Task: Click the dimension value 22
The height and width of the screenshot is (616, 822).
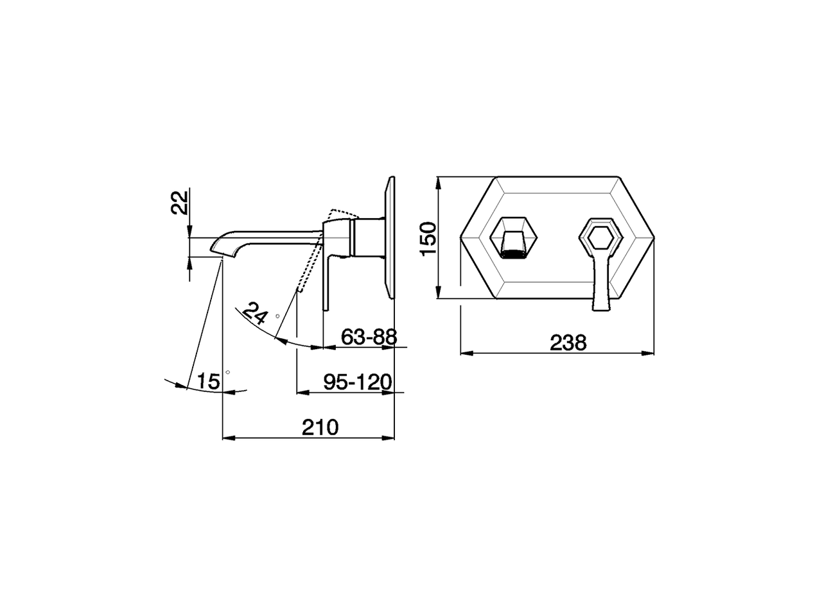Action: (x=182, y=202)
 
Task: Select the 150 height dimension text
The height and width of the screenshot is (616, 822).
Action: (x=429, y=238)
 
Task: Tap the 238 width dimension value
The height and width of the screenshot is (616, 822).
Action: (x=568, y=343)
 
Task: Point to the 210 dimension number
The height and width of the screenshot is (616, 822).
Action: (x=320, y=427)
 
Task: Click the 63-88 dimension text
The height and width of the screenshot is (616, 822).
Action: (x=369, y=336)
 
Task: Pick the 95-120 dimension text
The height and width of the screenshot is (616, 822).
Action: (x=357, y=382)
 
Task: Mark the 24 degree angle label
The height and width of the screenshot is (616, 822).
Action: (x=256, y=315)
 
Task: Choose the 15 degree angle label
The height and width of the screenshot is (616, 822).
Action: (x=208, y=381)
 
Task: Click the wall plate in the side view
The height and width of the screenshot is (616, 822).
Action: (x=390, y=237)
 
